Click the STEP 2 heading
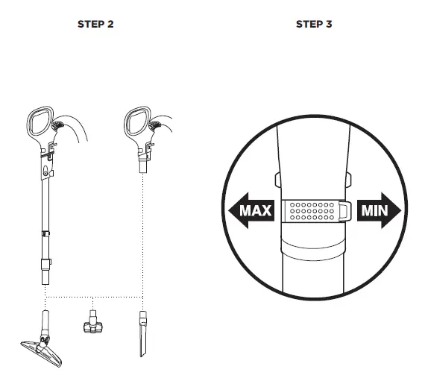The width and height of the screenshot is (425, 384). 95,24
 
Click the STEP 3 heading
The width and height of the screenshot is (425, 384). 314,24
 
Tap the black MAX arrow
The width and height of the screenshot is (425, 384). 248,211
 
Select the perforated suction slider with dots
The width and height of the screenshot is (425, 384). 312,212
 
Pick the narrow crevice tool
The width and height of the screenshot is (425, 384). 141,333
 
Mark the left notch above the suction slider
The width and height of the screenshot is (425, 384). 277,179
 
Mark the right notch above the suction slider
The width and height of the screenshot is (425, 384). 347,179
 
